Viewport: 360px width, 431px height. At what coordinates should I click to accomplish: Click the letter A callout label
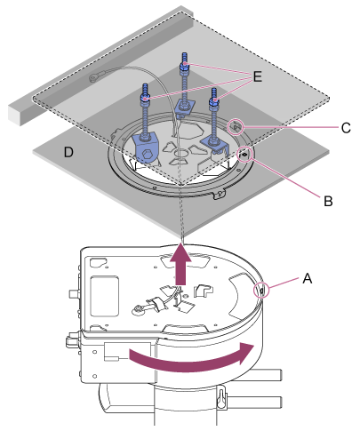[308, 279]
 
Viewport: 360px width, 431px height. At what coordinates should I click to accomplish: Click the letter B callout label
[328, 202]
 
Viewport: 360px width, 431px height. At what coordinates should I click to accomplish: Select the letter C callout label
[346, 128]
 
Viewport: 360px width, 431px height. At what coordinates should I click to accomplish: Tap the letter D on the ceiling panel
[68, 152]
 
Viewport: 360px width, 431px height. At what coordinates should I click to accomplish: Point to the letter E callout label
[257, 76]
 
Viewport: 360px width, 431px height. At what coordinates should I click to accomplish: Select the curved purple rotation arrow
[192, 357]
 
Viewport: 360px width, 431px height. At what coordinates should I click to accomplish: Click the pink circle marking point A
[261, 291]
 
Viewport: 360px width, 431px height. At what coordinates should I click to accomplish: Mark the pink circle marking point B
[244, 155]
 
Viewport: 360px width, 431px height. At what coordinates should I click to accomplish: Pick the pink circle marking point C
[236, 127]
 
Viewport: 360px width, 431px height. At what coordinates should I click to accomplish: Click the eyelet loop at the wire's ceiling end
[94, 78]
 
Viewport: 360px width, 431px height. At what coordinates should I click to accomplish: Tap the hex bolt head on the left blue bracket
[148, 155]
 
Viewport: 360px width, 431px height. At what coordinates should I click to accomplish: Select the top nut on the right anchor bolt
[214, 101]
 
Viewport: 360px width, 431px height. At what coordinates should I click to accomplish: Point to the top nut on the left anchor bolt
[145, 98]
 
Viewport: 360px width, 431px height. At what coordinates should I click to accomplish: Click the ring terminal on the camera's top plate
[139, 310]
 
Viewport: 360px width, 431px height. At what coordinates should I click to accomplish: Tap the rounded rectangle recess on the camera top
[105, 297]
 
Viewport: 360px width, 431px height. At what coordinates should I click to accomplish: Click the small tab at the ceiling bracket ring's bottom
[220, 195]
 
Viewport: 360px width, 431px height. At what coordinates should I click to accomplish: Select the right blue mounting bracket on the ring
[215, 145]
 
